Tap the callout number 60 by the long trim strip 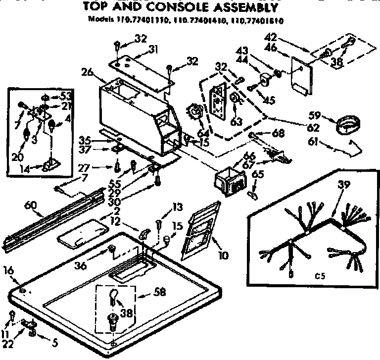click(x=30, y=203)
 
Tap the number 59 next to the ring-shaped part click(x=314, y=116)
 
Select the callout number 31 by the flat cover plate click(x=153, y=49)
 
